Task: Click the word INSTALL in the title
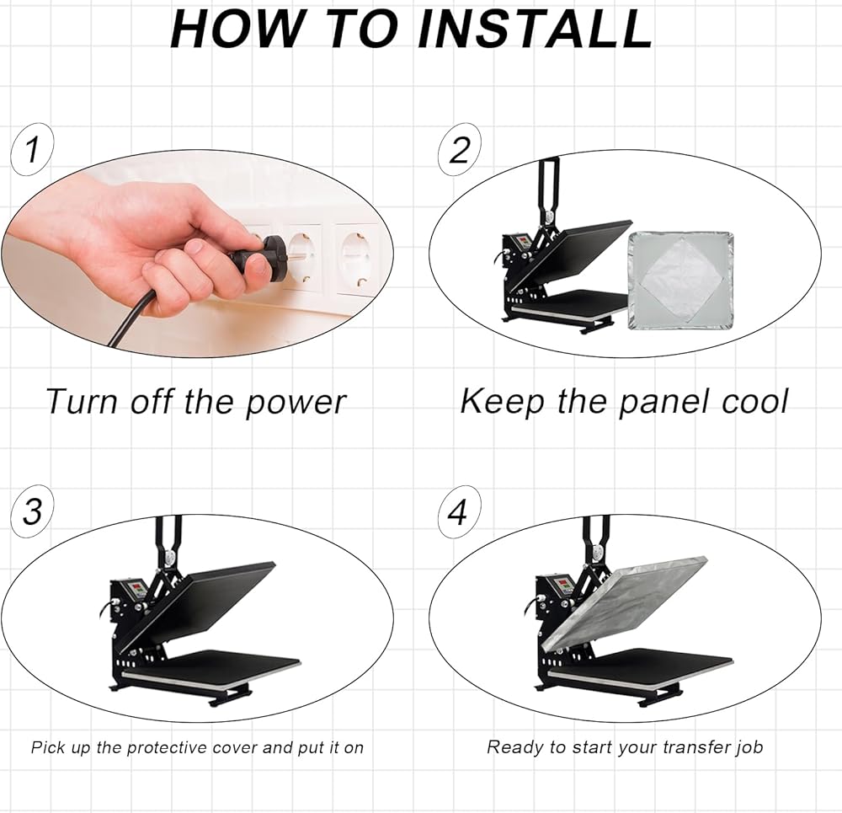pyautogui.click(x=535, y=29)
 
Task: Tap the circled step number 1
pyautogui.click(x=32, y=149)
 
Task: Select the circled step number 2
pyautogui.click(x=459, y=149)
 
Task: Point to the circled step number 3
pyautogui.click(x=32, y=511)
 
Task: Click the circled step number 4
pyautogui.click(x=459, y=511)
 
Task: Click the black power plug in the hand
pyautogui.click(x=257, y=254)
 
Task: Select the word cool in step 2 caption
pyautogui.click(x=754, y=401)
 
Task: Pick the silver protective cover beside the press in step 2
pyautogui.click(x=680, y=281)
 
